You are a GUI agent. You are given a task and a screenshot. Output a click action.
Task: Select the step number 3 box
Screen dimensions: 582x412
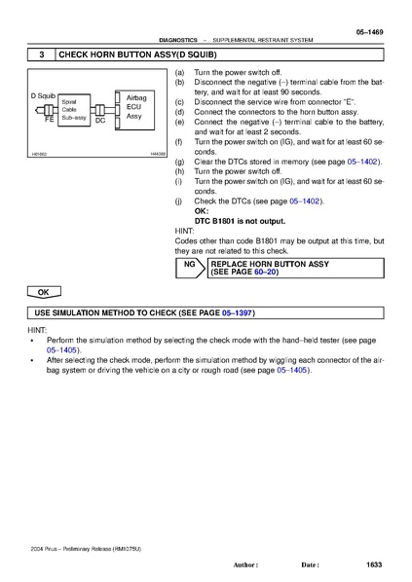click(42, 55)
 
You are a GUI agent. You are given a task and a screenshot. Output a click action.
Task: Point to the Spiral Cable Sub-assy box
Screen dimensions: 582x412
click(75, 110)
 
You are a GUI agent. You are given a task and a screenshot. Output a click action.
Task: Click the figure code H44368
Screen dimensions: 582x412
click(157, 153)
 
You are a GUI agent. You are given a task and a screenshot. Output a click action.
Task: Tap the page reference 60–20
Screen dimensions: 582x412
click(265, 273)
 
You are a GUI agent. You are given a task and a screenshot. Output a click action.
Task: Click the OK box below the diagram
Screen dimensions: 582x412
click(43, 292)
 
